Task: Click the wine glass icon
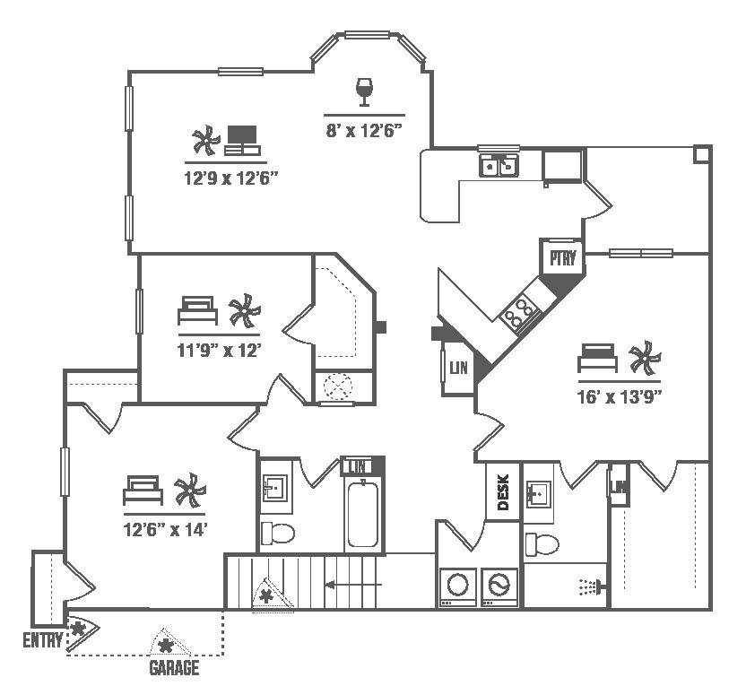[364, 90]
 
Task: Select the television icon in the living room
[241, 138]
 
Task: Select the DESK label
[503, 491]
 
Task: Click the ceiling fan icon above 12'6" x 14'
[189, 491]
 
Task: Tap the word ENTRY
[43, 639]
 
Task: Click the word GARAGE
[174, 667]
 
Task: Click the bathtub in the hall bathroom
[363, 514]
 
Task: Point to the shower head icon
[589, 586]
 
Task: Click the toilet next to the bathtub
[279, 534]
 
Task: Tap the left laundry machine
[457, 586]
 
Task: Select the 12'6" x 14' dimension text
[168, 529]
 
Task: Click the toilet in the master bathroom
[543, 543]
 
